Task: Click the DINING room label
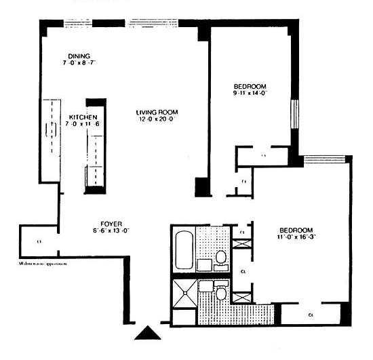coord(79,56)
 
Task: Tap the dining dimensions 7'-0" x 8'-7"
coord(79,63)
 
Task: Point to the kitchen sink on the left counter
coord(50,129)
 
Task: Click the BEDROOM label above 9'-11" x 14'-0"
coord(250,86)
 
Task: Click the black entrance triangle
coord(146,332)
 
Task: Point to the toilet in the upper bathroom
coord(221,257)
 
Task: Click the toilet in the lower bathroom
coord(220,294)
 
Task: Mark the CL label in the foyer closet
coord(39,241)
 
